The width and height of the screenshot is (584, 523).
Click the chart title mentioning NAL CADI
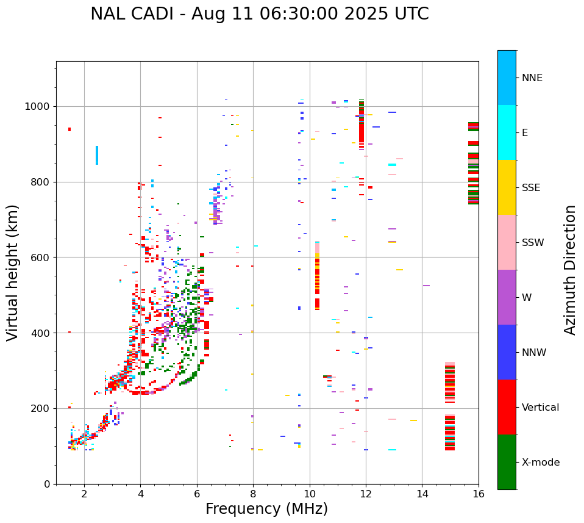(259, 14)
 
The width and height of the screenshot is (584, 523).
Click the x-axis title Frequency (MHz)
(266, 509)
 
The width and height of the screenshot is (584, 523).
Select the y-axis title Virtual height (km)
(13, 272)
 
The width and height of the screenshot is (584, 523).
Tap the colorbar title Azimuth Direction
(570, 269)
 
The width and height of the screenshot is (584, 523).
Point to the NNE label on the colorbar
(532, 78)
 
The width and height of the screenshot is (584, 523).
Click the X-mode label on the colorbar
(540, 463)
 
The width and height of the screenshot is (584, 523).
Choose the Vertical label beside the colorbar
(540, 408)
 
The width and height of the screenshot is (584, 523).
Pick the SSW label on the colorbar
(533, 243)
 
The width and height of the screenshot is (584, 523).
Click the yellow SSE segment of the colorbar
(507, 187)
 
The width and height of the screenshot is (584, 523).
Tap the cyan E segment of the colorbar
(507, 132)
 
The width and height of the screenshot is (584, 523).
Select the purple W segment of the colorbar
(507, 297)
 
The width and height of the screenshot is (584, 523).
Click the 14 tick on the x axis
(422, 494)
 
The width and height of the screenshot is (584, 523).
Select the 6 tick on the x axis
(197, 494)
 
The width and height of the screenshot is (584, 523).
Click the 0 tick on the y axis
(48, 484)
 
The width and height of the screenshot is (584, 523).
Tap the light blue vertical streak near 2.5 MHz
(96, 155)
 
